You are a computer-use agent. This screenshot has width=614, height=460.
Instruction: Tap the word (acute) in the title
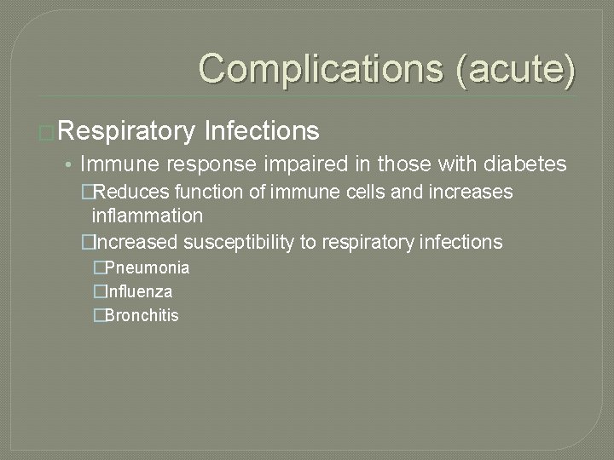point(517,68)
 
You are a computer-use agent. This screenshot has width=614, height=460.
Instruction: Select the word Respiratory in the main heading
point(128,130)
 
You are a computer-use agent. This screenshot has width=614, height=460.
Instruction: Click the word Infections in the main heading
point(263,130)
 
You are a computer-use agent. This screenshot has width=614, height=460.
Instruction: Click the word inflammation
point(147,216)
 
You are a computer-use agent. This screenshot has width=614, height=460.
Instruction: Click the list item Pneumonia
point(147,268)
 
